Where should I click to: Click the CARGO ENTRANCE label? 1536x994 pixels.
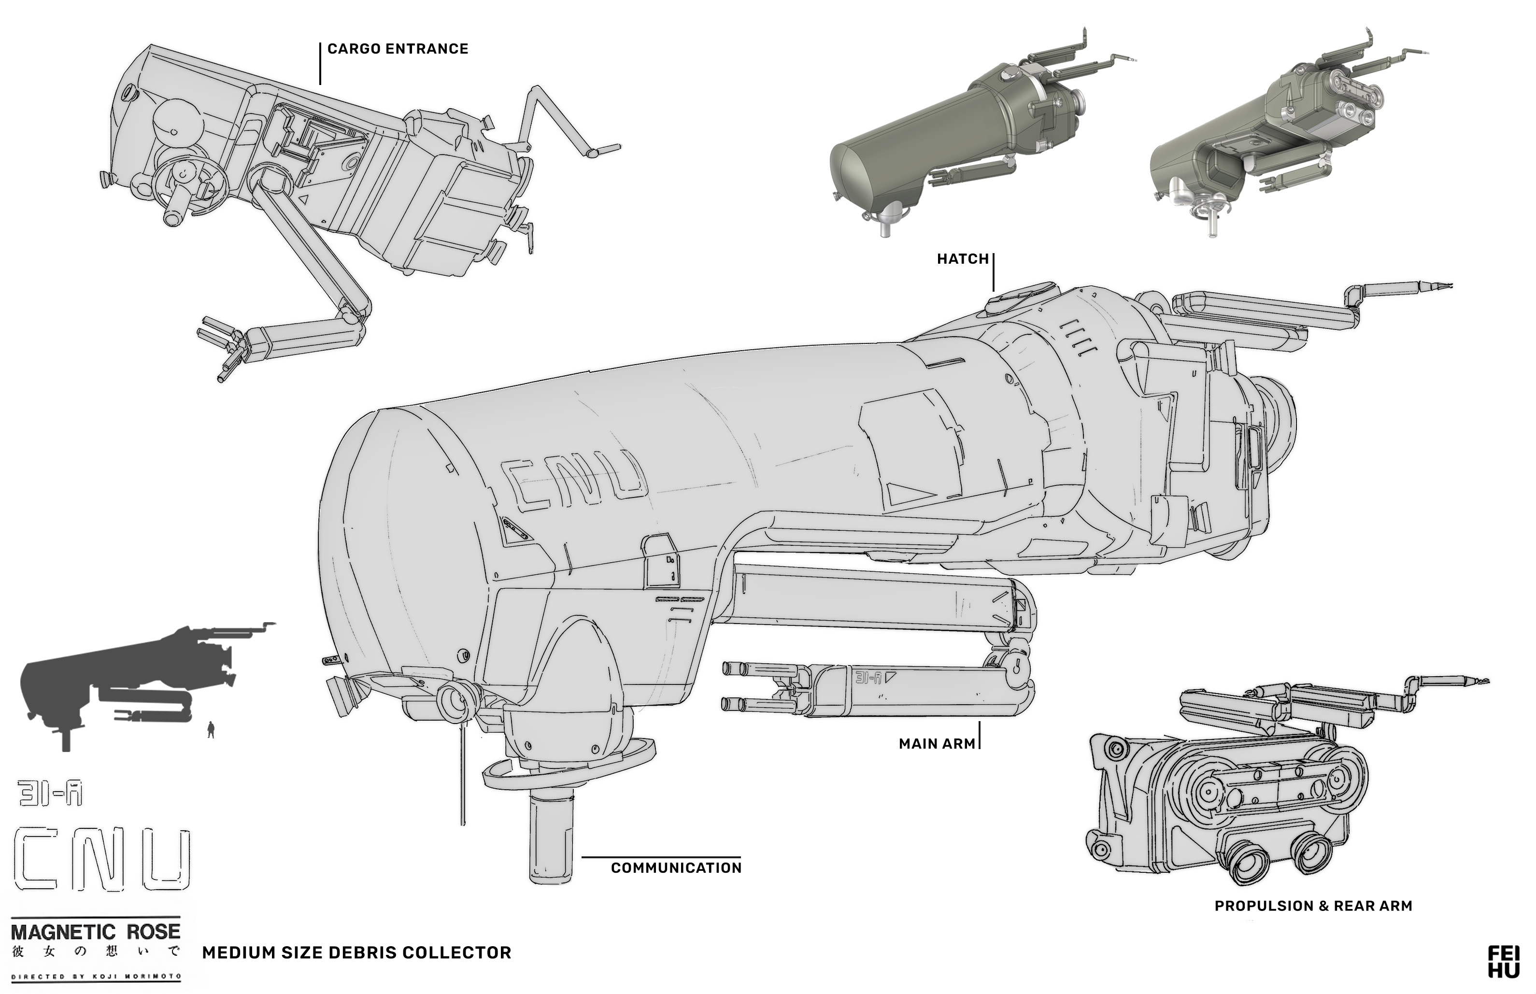tap(398, 49)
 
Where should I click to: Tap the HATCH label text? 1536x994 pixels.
tap(962, 259)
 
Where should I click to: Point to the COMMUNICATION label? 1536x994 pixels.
tap(676, 868)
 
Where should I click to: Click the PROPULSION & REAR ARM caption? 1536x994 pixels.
tap(1313, 906)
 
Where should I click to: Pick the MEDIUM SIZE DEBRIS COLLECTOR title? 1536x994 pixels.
tap(356, 952)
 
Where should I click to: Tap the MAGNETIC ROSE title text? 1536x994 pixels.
tap(96, 931)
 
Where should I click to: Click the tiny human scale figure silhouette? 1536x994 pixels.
tap(211, 730)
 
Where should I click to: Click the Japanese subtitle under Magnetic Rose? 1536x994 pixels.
tap(96, 952)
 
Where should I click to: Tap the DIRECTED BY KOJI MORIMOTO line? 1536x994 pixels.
tap(96, 976)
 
